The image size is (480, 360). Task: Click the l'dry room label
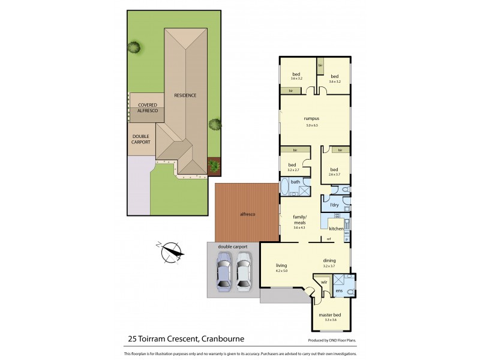pos(334,205)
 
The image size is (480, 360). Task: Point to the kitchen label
pos(336,229)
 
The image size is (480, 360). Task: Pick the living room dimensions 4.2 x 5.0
pos(281,271)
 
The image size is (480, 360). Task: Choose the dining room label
pos(329,260)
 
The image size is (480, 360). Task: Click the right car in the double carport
pos(243,272)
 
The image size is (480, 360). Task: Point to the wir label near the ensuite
pos(323,281)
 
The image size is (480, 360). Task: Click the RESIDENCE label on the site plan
pos(185,95)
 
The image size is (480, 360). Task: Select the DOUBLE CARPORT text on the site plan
pos(142,139)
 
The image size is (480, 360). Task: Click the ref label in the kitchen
pos(329,239)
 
